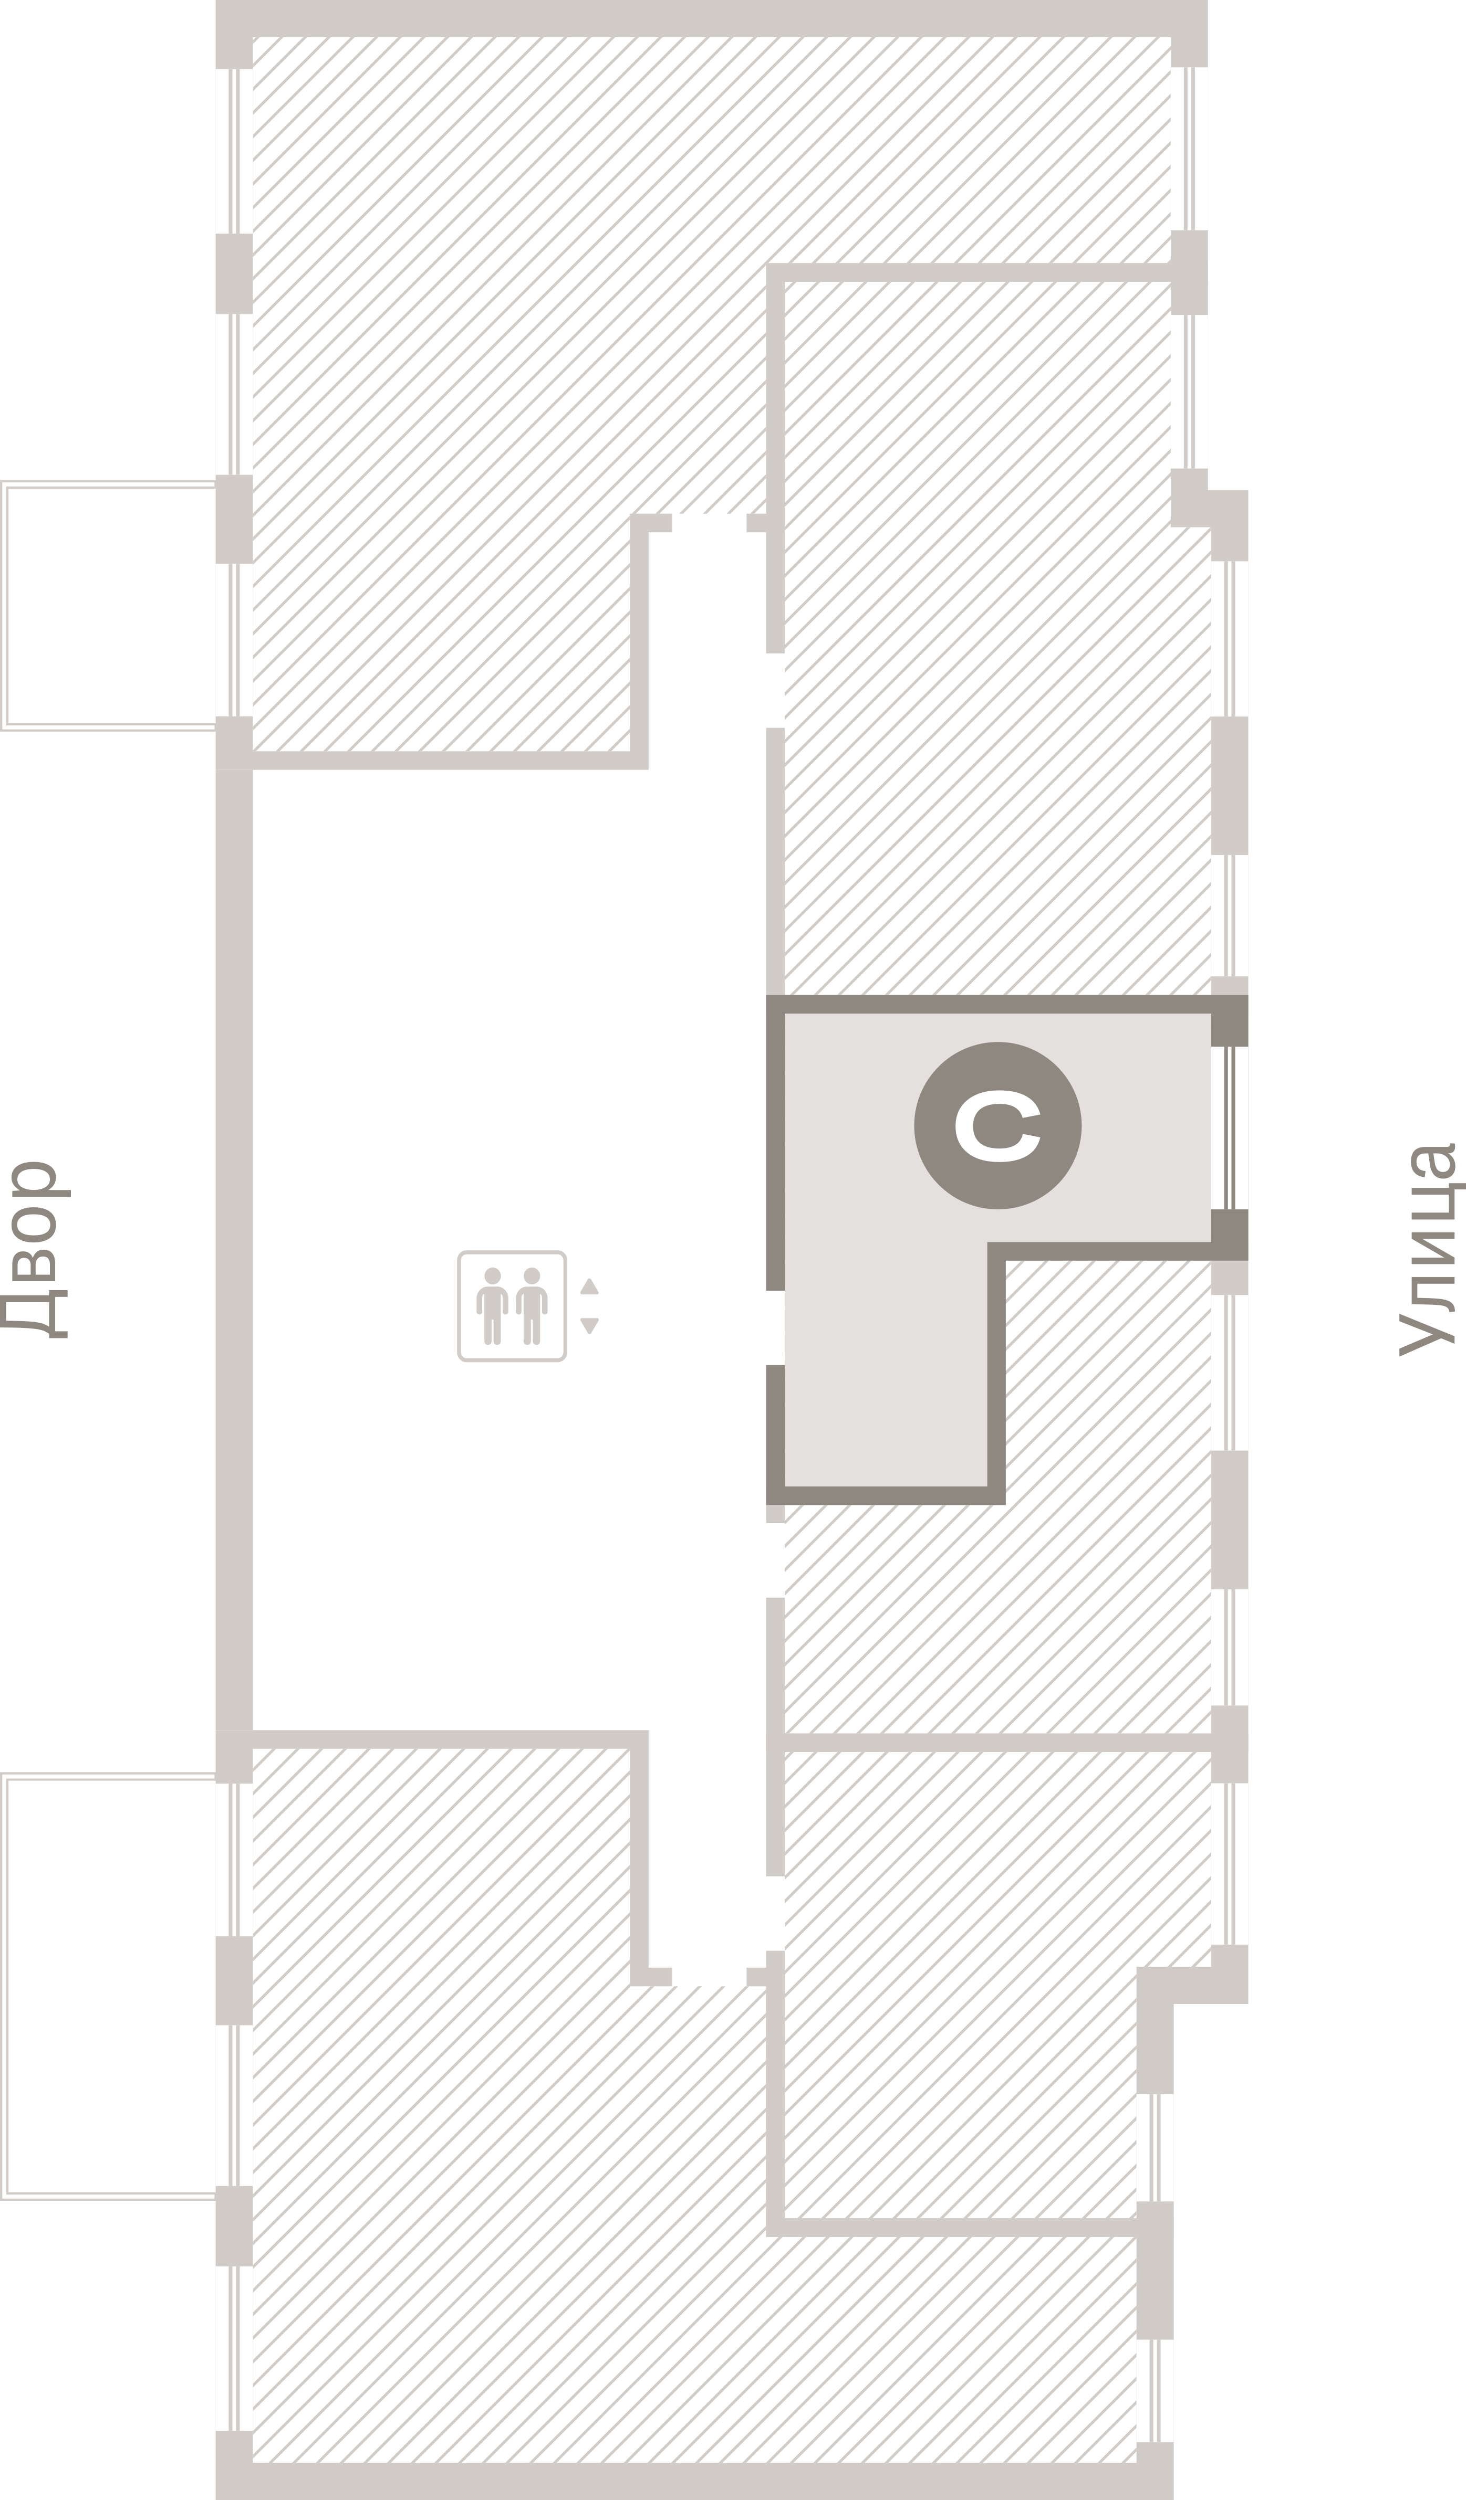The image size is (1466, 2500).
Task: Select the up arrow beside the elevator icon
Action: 589,1286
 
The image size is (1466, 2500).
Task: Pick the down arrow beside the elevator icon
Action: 589,1325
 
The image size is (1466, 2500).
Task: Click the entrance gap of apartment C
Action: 775,1327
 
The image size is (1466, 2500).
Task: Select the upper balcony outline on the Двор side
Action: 109,605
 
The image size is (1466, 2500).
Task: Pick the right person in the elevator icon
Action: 532,1305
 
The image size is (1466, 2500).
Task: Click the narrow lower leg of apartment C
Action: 886,1389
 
